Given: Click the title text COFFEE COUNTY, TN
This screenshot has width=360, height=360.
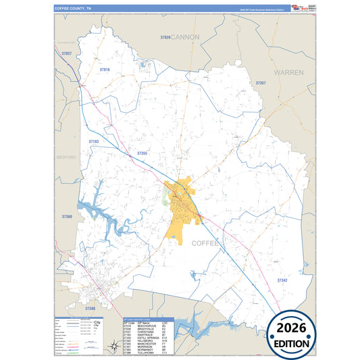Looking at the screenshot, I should (76, 9).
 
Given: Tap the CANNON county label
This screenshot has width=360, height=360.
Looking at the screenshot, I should (186, 36).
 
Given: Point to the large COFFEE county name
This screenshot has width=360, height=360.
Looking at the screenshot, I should (207, 242).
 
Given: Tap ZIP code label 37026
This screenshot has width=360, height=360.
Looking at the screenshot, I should (165, 38).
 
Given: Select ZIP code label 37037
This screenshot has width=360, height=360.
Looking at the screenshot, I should (66, 53).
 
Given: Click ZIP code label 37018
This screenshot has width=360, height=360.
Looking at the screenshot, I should (104, 70).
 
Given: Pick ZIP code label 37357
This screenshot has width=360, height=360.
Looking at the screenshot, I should (260, 83).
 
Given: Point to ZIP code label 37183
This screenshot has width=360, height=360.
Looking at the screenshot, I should (93, 142).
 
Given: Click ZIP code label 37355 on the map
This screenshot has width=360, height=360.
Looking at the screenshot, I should (142, 154).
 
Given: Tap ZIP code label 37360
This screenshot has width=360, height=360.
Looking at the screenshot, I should (66, 217).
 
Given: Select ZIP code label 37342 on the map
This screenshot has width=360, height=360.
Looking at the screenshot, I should (282, 280).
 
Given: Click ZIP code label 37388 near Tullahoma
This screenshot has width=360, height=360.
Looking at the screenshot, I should (90, 308).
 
